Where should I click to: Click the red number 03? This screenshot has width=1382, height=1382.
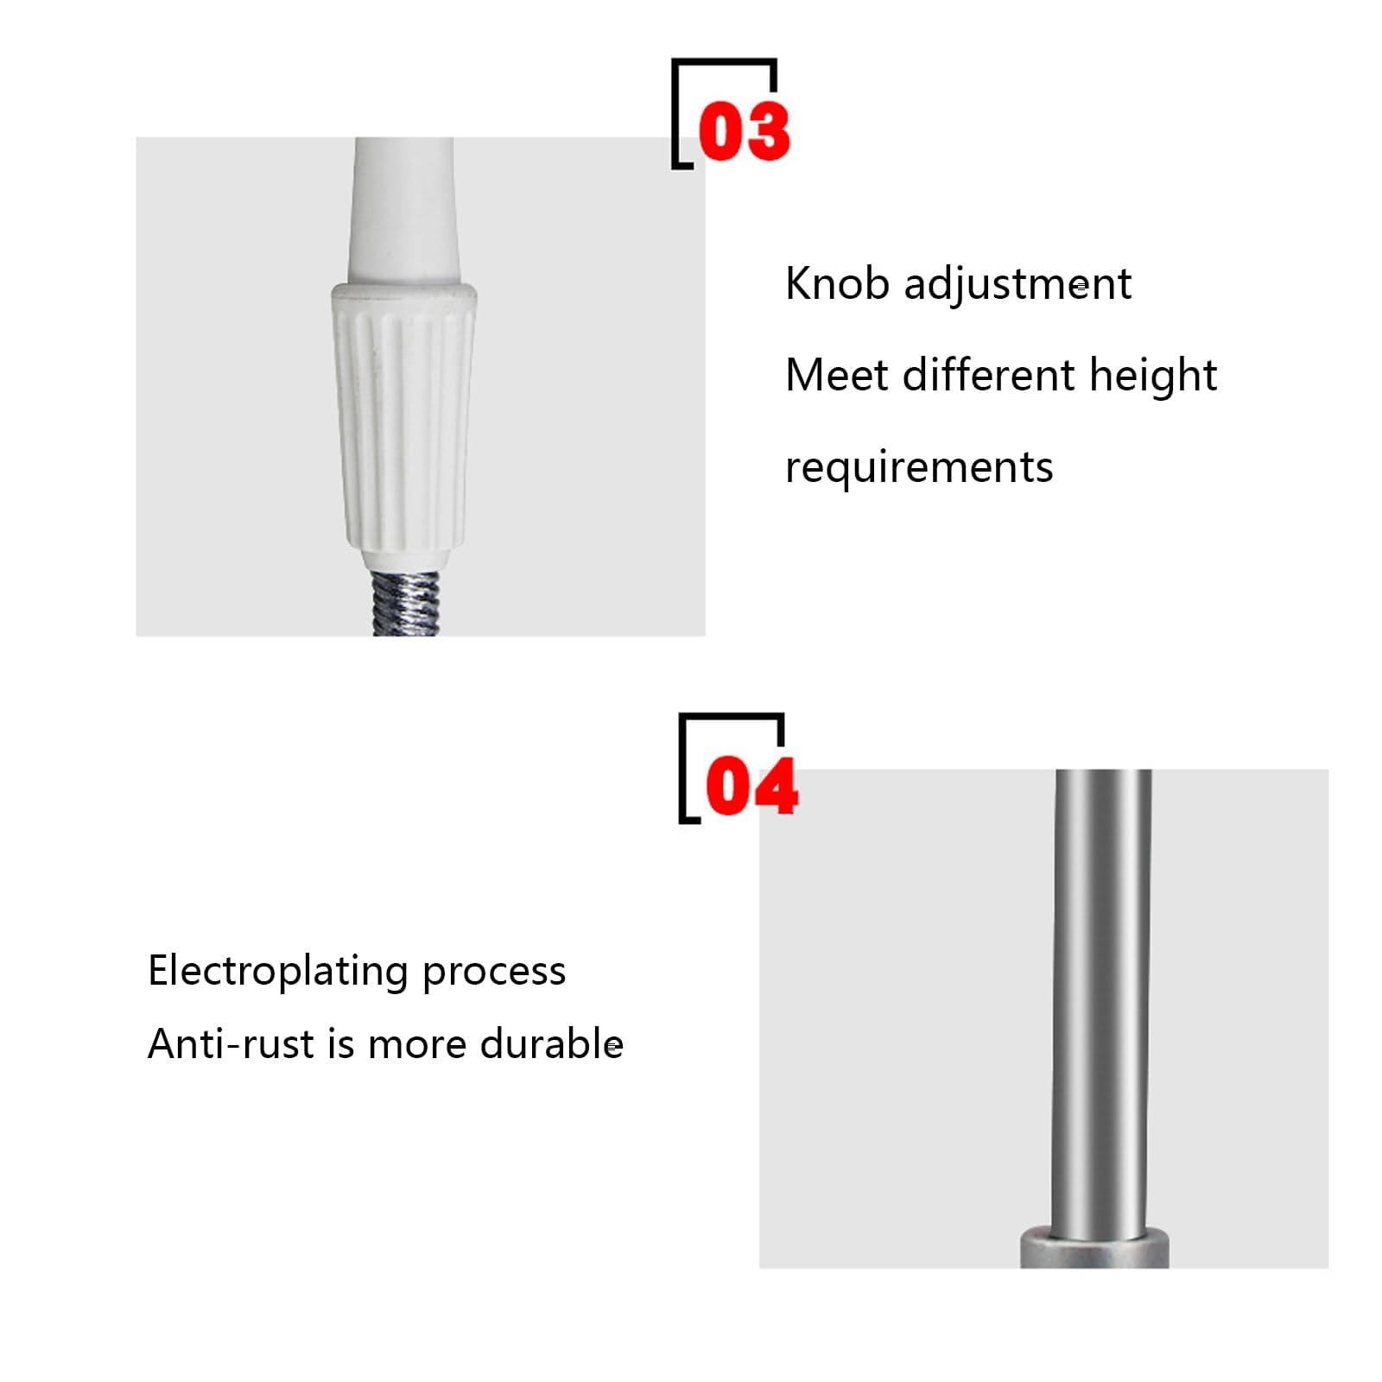744,130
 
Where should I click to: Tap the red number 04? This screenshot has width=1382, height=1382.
751,785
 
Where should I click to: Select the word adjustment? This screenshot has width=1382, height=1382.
1017,286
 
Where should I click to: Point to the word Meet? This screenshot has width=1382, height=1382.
837,376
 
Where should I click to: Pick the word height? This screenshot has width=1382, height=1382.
1153,377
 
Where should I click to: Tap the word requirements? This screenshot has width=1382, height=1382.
919,468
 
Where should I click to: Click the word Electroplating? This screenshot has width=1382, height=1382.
278,972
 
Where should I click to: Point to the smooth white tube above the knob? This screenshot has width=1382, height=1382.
403,210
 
